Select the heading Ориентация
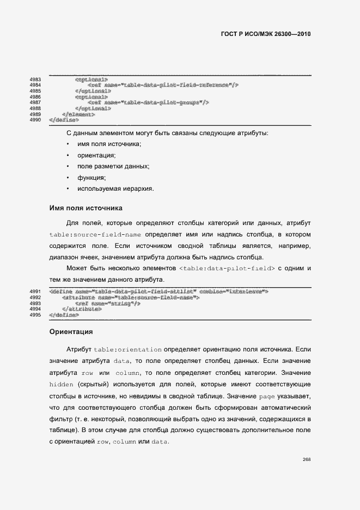tap(71, 331)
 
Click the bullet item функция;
tap(91, 178)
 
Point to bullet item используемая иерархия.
tap(115, 189)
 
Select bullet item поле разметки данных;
tap(113, 166)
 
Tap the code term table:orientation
tap(127, 349)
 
